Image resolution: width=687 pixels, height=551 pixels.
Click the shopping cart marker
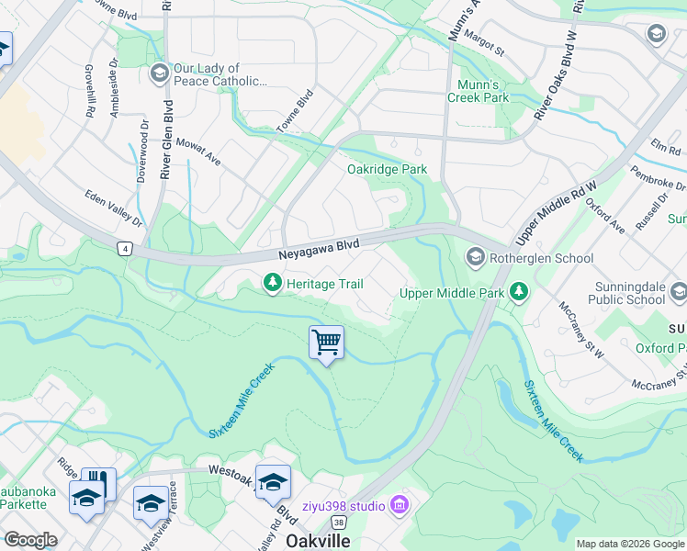click(x=327, y=343)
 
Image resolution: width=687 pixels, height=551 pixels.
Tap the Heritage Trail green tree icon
click(x=272, y=284)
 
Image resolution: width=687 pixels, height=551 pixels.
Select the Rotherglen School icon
click(x=476, y=258)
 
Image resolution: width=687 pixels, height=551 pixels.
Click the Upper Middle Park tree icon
click(x=520, y=293)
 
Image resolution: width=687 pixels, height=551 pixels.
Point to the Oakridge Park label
click(x=387, y=169)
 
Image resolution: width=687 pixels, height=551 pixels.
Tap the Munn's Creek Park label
click(x=478, y=90)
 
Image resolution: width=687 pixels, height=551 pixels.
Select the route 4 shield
click(x=125, y=248)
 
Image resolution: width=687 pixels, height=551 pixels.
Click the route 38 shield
click(x=340, y=522)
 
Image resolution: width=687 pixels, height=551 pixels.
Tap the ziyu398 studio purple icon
click(x=399, y=504)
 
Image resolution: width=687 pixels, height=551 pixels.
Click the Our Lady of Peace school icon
click(x=158, y=73)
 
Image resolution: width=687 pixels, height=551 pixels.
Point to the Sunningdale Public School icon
click(x=678, y=292)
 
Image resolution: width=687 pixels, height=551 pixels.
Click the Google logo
click(x=30, y=540)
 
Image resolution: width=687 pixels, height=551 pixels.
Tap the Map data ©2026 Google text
click(x=630, y=544)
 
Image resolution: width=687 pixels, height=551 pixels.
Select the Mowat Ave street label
click(x=199, y=153)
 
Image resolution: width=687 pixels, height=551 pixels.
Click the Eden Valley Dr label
click(x=114, y=208)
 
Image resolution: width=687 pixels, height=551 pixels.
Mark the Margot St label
click(x=484, y=41)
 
